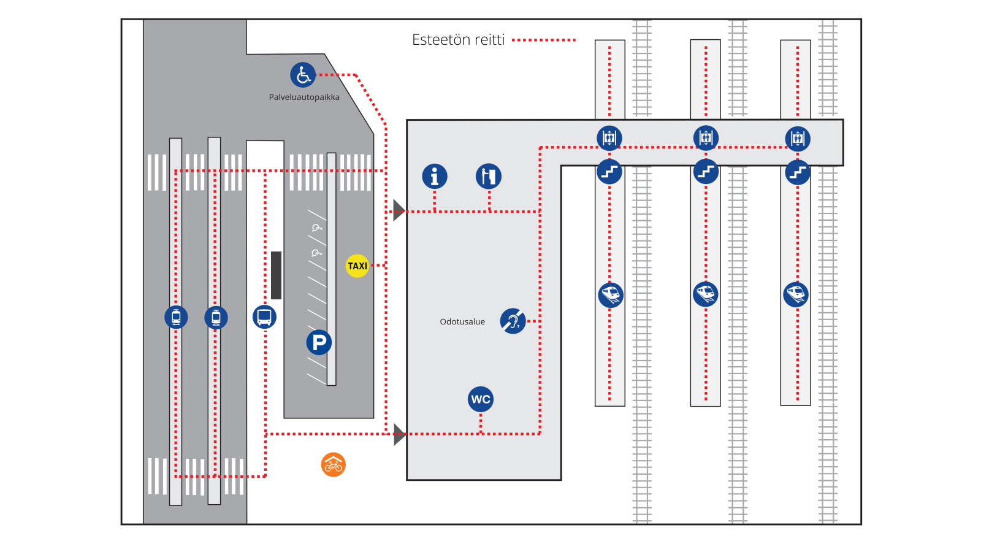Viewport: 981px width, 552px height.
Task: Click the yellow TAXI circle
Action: (357, 266)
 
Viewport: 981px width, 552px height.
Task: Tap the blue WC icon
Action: (481, 399)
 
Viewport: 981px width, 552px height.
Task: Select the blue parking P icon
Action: (319, 342)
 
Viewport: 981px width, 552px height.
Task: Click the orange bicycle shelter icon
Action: (334, 465)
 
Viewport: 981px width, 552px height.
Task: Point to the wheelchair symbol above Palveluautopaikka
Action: (303, 75)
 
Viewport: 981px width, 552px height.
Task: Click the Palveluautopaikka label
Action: (304, 97)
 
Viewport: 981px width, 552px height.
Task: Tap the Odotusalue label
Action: (462, 321)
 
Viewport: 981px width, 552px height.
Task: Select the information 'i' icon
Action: (435, 177)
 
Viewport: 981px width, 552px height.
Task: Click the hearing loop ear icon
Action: (513, 321)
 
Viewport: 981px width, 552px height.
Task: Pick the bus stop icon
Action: (264, 317)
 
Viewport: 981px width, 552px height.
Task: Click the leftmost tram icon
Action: (176, 317)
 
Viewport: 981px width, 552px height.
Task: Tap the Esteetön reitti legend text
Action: (458, 40)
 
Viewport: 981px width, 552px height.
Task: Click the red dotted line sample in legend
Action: (544, 40)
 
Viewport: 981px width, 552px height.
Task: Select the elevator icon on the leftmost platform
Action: (609, 138)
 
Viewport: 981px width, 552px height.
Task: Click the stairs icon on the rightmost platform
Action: (798, 172)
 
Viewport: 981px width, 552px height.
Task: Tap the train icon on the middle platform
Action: (706, 294)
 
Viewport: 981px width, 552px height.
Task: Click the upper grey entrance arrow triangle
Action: (399, 210)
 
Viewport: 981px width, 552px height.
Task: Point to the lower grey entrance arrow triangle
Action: (399, 434)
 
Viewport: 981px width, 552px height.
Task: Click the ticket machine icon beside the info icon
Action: (489, 177)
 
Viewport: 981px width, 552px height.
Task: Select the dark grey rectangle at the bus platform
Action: (277, 275)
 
